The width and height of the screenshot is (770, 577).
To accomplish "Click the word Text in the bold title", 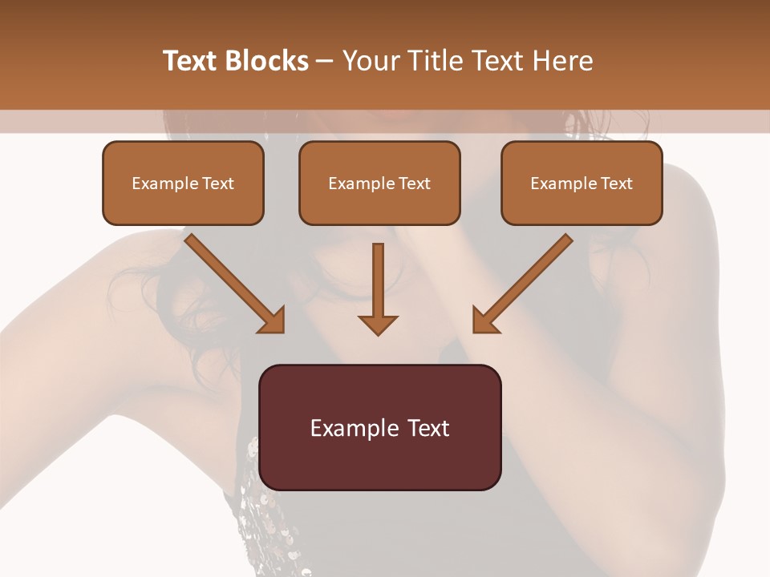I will (x=191, y=61).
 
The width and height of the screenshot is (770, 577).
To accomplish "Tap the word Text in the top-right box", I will (x=616, y=184).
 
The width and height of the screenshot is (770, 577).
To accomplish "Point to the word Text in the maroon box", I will (x=432, y=428).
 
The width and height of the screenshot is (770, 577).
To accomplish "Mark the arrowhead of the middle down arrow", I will (x=378, y=323).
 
